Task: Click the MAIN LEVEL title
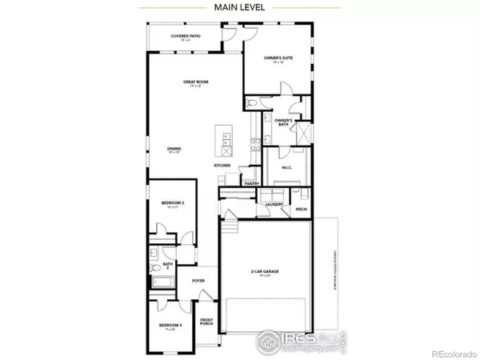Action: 241,8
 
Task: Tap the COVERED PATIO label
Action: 187,37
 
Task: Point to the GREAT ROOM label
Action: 191,83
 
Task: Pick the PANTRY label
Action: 250,182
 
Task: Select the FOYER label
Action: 198,281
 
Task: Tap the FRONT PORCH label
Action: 207,325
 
